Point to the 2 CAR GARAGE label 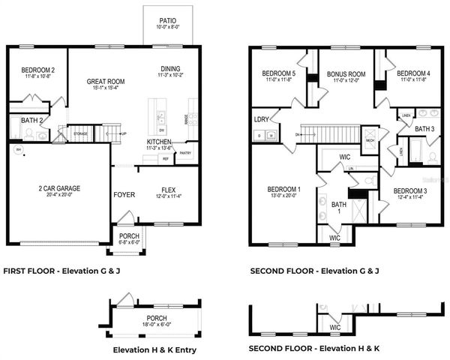point(59,188)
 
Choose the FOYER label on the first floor point(124,194)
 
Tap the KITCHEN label point(159,141)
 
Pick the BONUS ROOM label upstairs point(346,74)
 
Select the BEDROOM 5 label point(278,73)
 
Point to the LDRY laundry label point(262,119)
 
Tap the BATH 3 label point(424,129)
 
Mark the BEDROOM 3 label point(409,190)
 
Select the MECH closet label point(370,140)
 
